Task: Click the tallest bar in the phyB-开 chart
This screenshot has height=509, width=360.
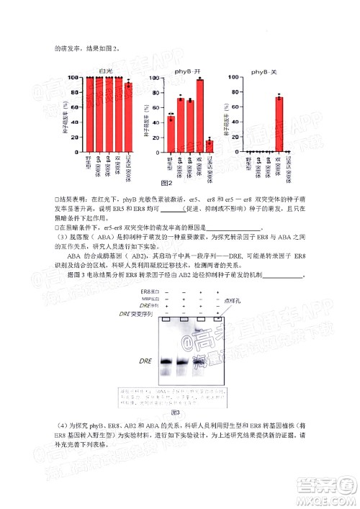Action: coord(199,116)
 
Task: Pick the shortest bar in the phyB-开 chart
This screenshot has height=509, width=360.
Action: coord(209,145)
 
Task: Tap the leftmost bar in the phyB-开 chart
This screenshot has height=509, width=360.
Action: coord(171,134)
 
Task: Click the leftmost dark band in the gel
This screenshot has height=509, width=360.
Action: coord(167,361)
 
